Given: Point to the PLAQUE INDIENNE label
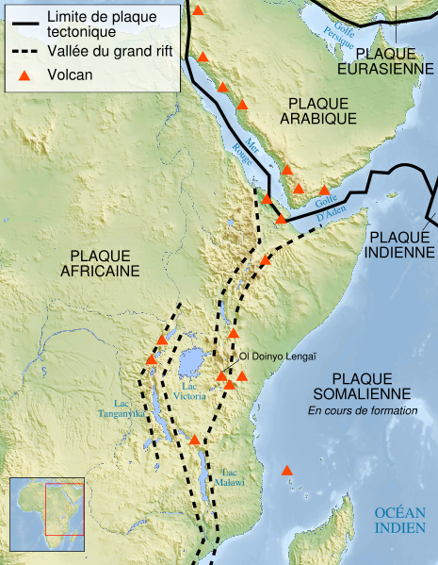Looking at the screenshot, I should click(x=399, y=243).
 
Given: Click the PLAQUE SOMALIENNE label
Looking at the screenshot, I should click(x=365, y=384).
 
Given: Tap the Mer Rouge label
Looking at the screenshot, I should click(x=243, y=152).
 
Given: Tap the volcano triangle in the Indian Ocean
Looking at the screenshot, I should click(x=287, y=471).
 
